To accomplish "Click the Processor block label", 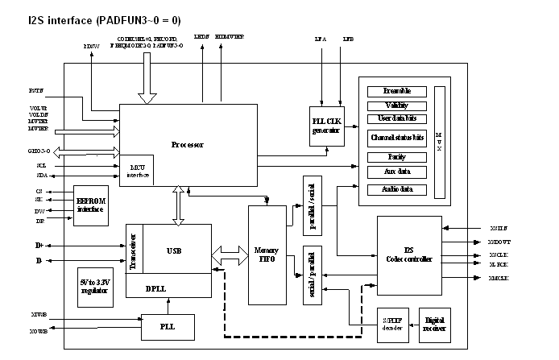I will pyautogui.click(x=188, y=145).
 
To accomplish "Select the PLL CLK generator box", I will pyautogui.click(x=327, y=126).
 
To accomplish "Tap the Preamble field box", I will pyautogui.click(x=397, y=91).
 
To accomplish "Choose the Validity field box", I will pyautogui.click(x=397, y=106).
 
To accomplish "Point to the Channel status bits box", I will pyautogui.click(x=397, y=138).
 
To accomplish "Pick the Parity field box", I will pyautogui.click(x=397, y=157).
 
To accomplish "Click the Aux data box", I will pyautogui.click(x=397, y=172).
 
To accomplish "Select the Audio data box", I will pyautogui.click(x=397, y=189).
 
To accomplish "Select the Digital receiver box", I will pyautogui.click(x=435, y=324).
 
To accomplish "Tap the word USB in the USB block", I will pyautogui.click(x=173, y=250).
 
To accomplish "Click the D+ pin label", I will pyautogui.click(x=39, y=244).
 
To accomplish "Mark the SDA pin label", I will pyautogui.click(x=41, y=175).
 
